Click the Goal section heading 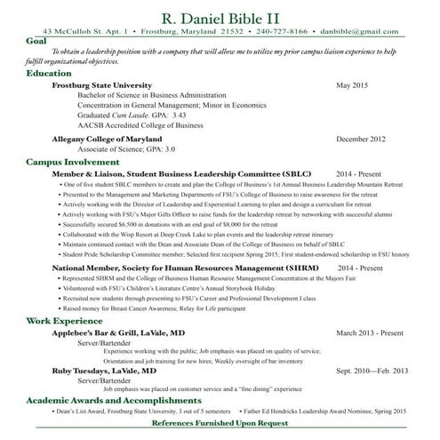coord(37,41)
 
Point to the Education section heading coord(49,73)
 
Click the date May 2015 coord(352,84)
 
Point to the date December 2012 coord(361,139)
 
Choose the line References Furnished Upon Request coord(232,423)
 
